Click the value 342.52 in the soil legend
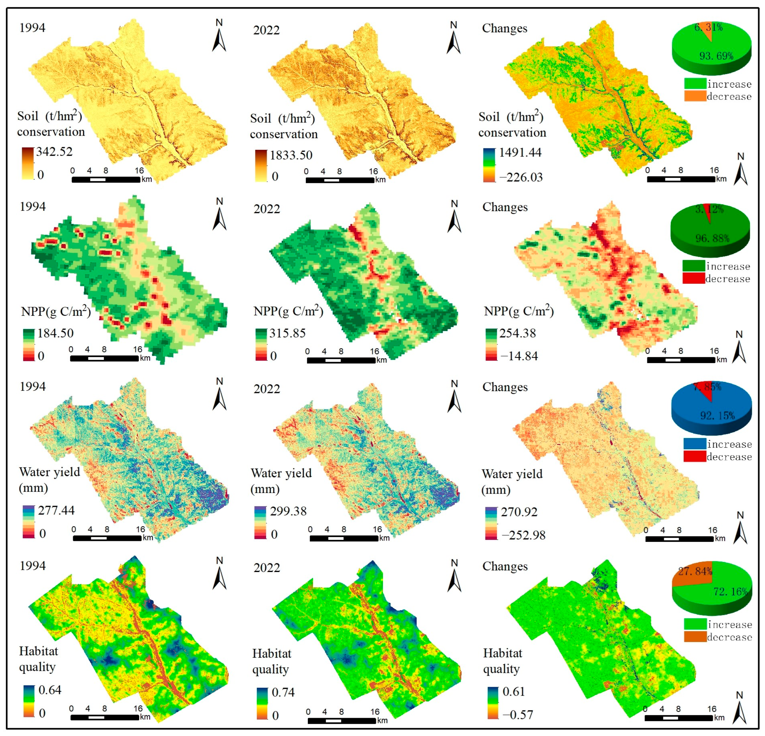[54, 152]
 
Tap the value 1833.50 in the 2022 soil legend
[291, 155]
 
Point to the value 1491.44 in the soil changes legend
[520, 152]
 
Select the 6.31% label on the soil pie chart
[708, 27]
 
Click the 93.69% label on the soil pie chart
[716, 56]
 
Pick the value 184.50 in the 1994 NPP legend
[56, 333]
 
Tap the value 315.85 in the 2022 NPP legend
[287, 333]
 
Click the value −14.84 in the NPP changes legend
[519, 356]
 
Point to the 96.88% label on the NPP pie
[712, 238]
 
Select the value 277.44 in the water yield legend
[56, 510]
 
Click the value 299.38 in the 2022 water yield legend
[288, 511]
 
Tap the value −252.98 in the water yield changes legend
[523, 535]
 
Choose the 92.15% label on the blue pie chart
[717, 416]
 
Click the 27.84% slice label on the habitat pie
[695, 571]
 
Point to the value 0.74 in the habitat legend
[283, 692]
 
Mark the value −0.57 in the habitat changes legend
[517, 715]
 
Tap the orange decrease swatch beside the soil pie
[695, 96]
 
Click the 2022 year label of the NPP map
[267, 209]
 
